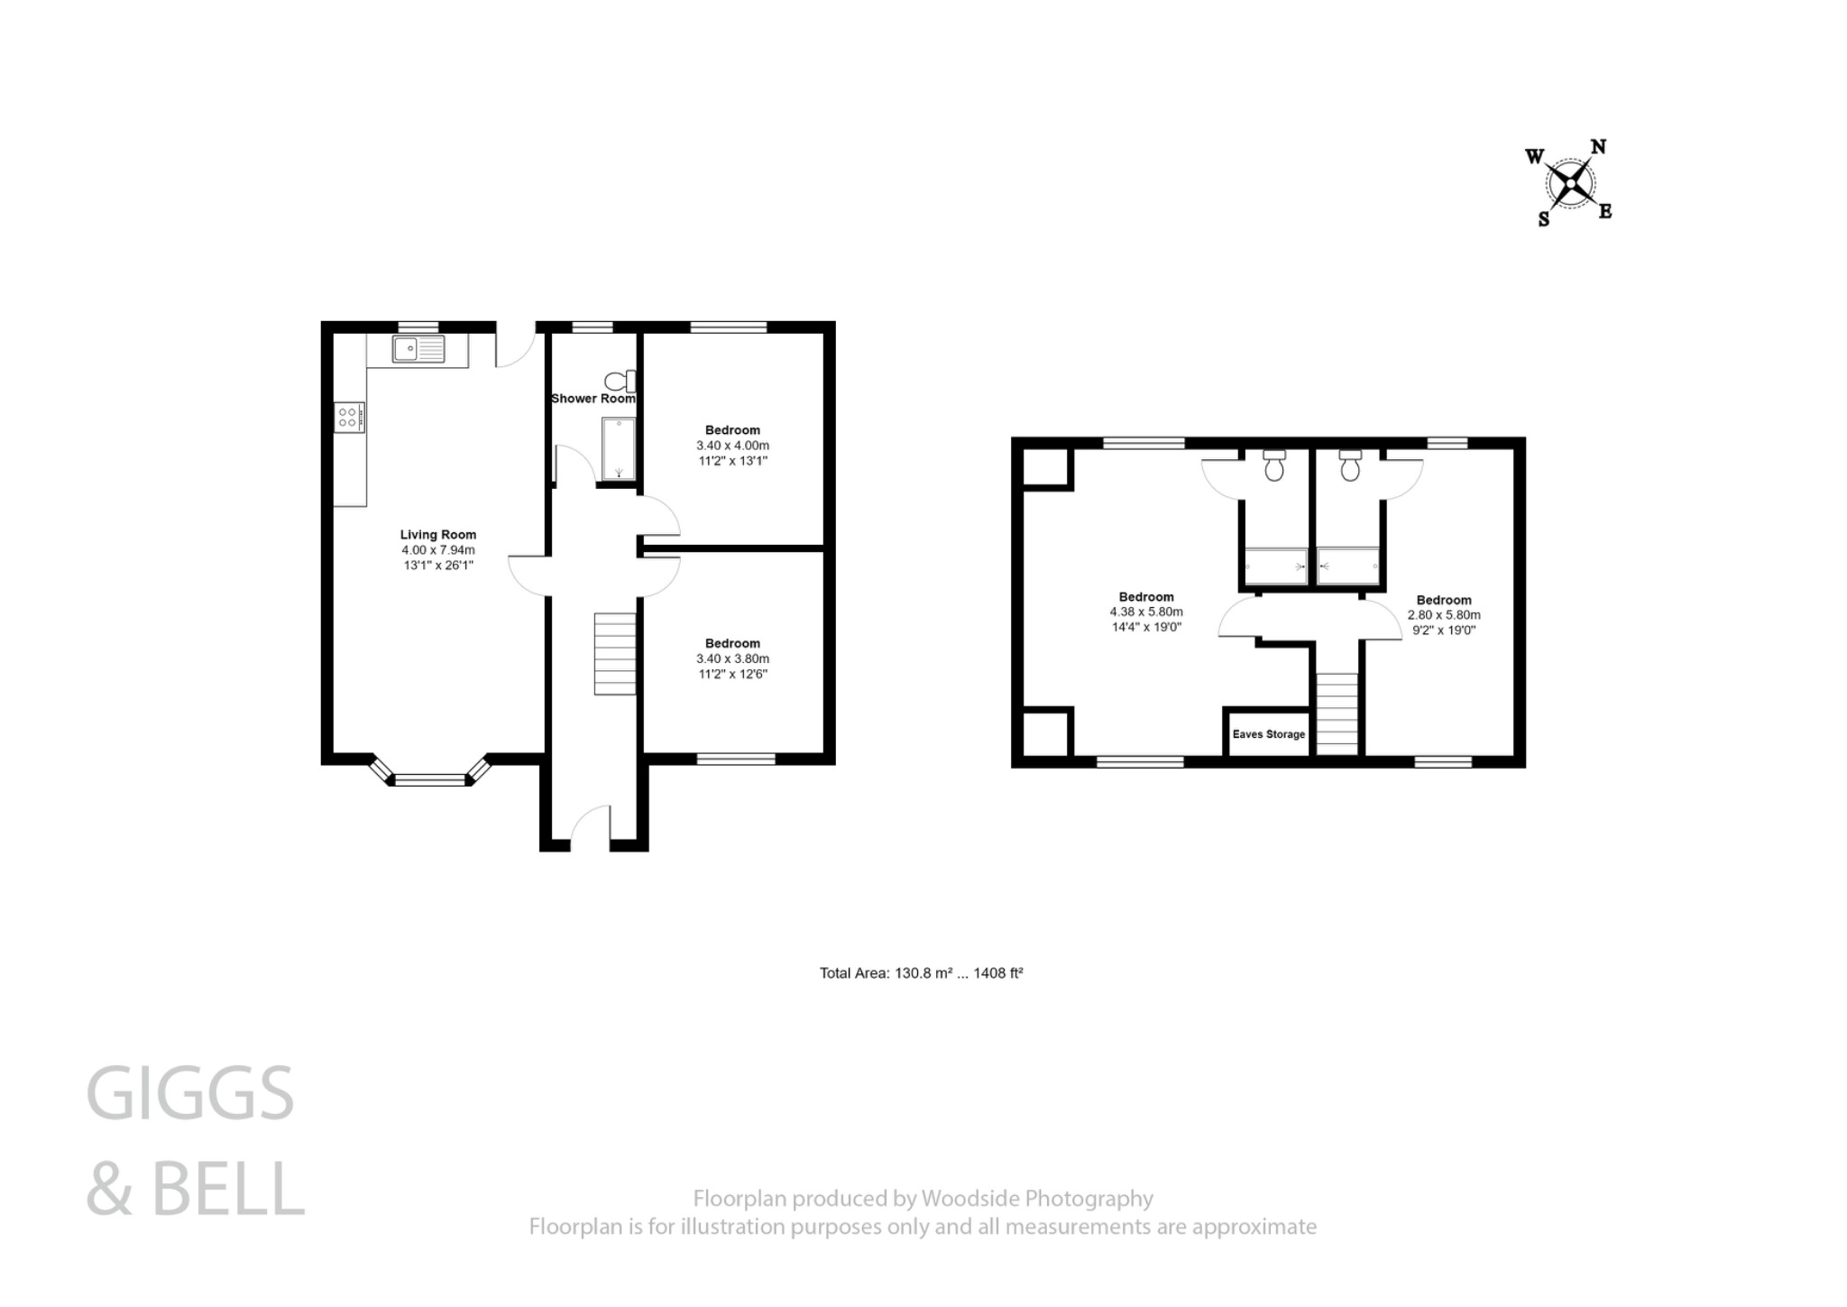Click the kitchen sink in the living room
pyautogui.click(x=418, y=348)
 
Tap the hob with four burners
pyautogui.click(x=349, y=417)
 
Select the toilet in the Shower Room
pyautogui.click(x=620, y=381)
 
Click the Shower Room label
pyautogui.click(x=593, y=399)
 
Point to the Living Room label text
pyautogui.click(x=438, y=535)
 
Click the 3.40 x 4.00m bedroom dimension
pyautogui.click(x=732, y=446)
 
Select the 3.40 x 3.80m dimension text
pyautogui.click(x=732, y=658)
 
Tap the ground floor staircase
pyautogui.click(x=614, y=654)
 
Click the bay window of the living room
pyautogui.click(x=430, y=778)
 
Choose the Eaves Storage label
pyautogui.click(x=1268, y=734)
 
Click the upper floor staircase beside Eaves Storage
pyautogui.click(x=1337, y=713)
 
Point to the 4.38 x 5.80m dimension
pyautogui.click(x=1146, y=612)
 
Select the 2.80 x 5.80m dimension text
pyautogui.click(x=1443, y=615)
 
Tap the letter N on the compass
pyautogui.click(x=1597, y=147)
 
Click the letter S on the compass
pyautogui.click(x=1543, y=219)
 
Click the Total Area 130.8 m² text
pyautogui.click(x=921, y=973)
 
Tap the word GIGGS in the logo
pyautogui.click(x=190, y=1093)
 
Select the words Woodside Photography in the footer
pyautogui.click(x=1036, y=1198)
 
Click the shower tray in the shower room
pyautogui.click(x=619, y=447)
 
